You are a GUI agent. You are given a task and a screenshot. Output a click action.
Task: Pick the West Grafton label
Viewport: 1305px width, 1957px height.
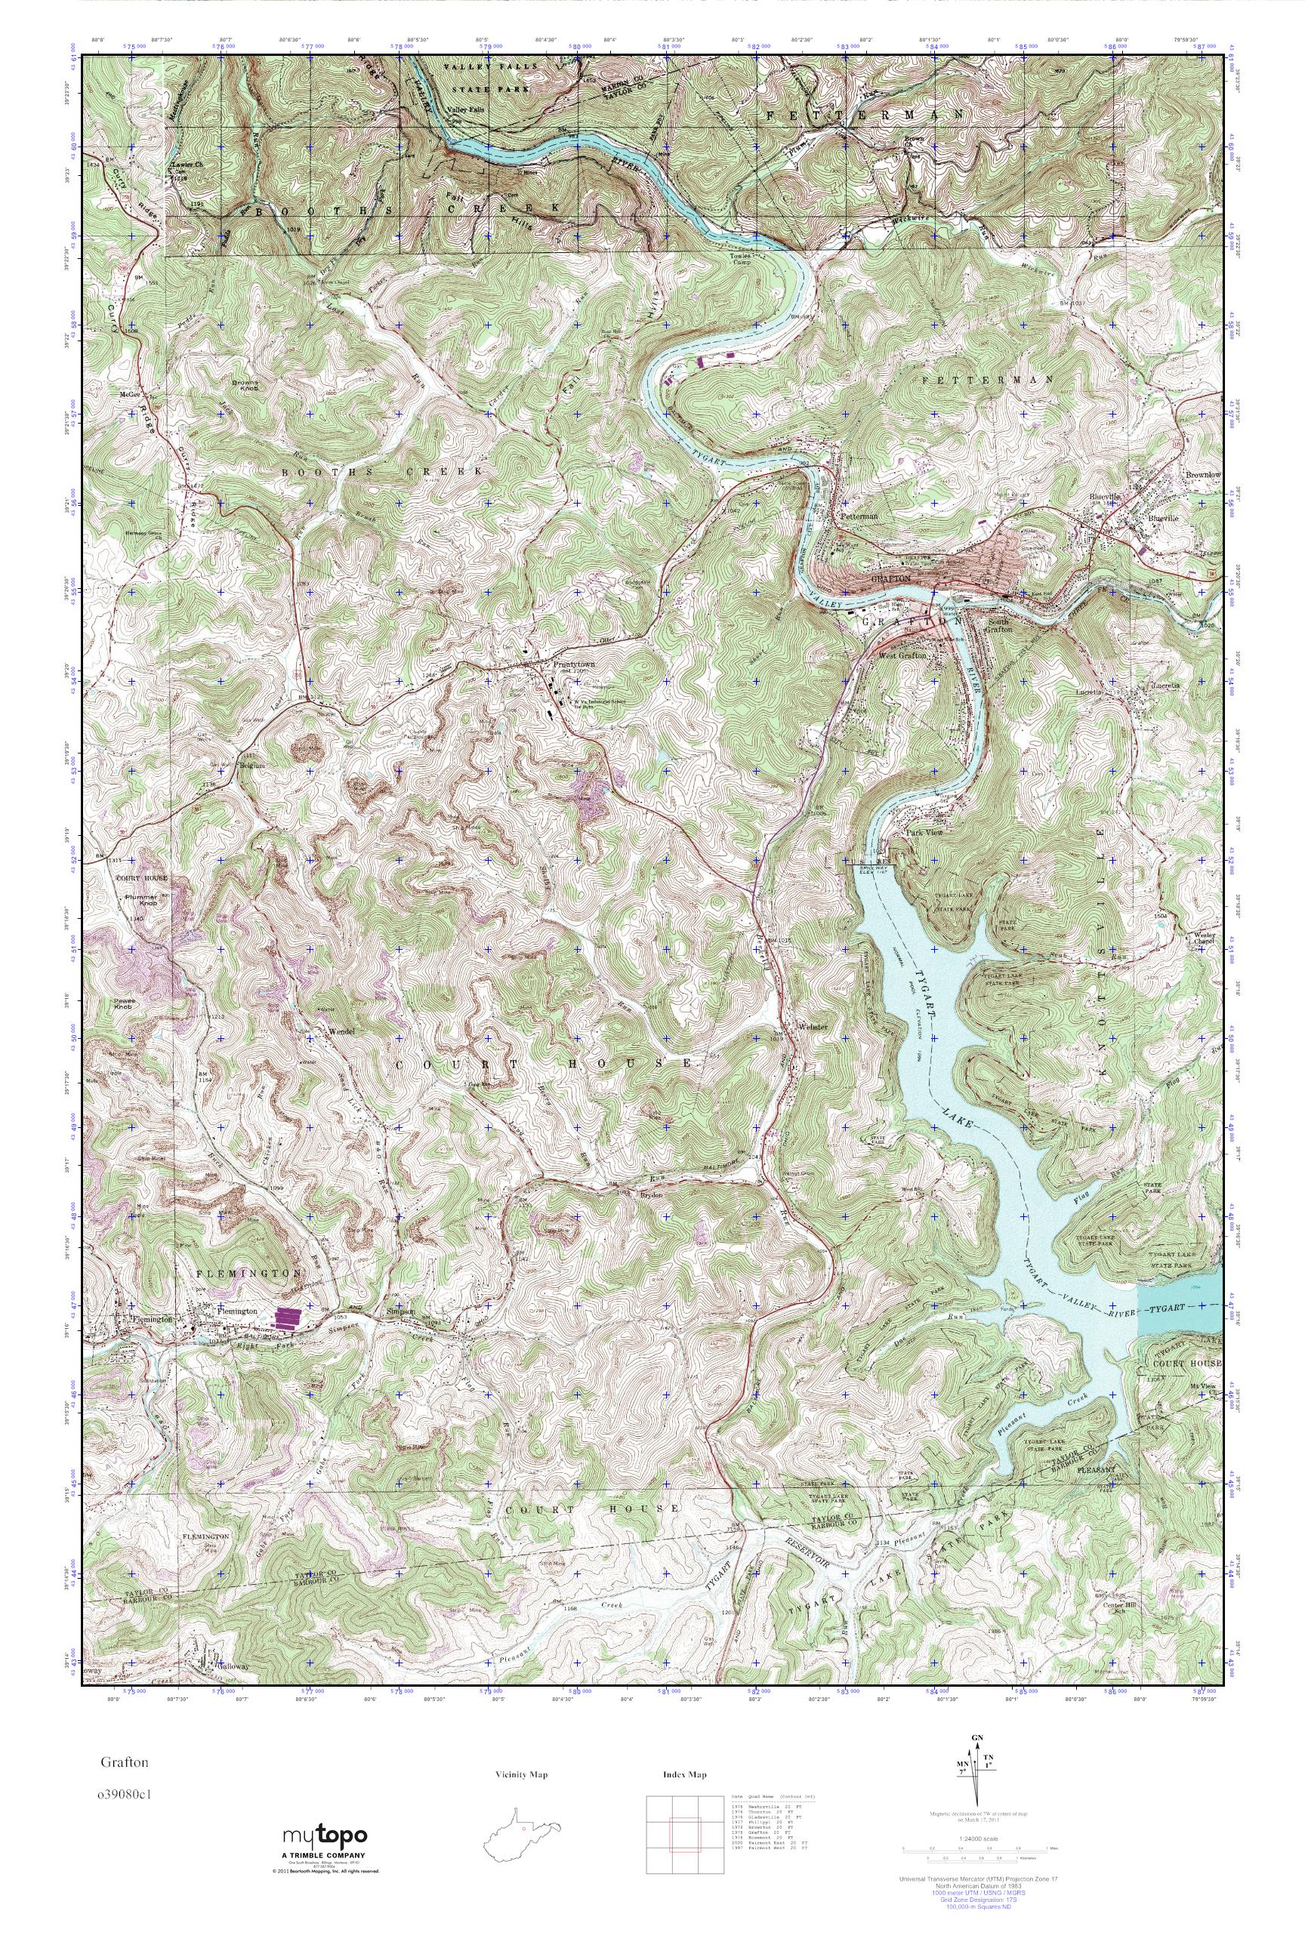pos(902,655)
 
